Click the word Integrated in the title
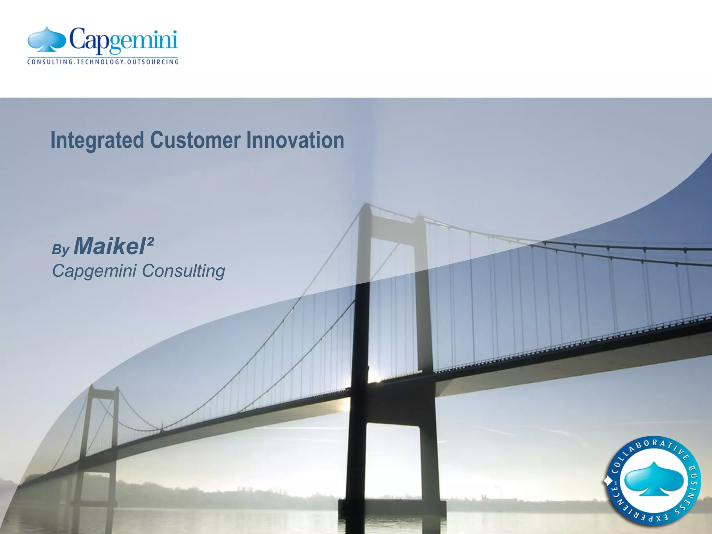click(x=97, y=140)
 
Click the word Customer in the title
click(x=195, y=140)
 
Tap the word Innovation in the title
click(x=295, y=140)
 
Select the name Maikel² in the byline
click(x=114, y=246)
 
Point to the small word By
click(x=61, y=250)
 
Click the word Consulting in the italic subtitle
click(x=184, y=271)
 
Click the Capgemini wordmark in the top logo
click(x=123, y=41)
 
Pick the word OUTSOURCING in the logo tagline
click(x=153, y=62)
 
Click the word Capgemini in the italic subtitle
click(x=94, y=271)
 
